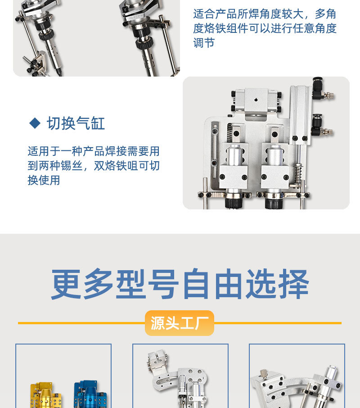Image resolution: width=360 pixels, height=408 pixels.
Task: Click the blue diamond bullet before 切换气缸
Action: pos(35,123)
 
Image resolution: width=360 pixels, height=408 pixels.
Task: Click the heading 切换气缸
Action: pos(76,123)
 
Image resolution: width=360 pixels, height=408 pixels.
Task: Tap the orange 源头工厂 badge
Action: pos(179,323)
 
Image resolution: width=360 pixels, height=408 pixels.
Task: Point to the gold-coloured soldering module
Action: pos(42,394)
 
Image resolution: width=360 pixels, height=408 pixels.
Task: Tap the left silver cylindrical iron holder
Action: pos(234,156)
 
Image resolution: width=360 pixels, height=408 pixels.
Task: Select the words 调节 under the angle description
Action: pos(204,43)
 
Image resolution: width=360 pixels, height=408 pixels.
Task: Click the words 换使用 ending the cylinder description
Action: pos(44,180)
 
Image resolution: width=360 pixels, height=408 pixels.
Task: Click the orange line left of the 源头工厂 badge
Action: pos(81,323)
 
